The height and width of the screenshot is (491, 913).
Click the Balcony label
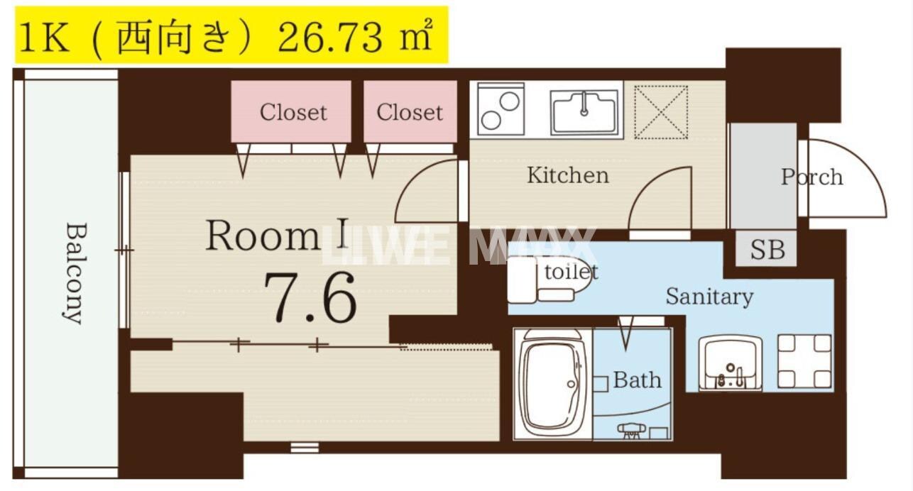pyautogui.click(x=76, y=273)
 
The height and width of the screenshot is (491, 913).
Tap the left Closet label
pyautogui.click(x=293, y=112)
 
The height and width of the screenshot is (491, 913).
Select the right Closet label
pyautogui.click(x=410, y=112)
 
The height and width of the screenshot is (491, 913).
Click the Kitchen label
pyautogui.click(x=568, y=175)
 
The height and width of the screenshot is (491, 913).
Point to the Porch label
pyautogui.click(x=812, y=177)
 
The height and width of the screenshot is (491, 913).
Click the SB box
pyautogui.click(x=766, y=248)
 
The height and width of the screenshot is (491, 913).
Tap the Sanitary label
pyautogui.click(x=710, y=296)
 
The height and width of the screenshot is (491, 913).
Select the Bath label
pyautogui.click(x=638, y=380)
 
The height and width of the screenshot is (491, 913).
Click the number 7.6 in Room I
pyautogui.click(x=310, y=298)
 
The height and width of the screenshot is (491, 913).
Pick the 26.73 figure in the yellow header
pyautogui.click(x=330, y=38)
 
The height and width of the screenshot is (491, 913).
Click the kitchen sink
pyautogui.click(x=584, y=112)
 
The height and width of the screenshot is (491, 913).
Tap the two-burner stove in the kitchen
pyautogui.click(x=501, y=109)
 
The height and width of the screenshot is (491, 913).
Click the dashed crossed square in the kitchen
pyautogui.click(x=661, y=112)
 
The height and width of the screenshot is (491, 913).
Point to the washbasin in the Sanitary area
pyautogui.click(x=730, y=363)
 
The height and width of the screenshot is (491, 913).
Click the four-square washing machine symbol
pyautogui.click(x=804, y=361)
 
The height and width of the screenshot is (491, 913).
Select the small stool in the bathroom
pyautogui.click(x=631, y=431)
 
